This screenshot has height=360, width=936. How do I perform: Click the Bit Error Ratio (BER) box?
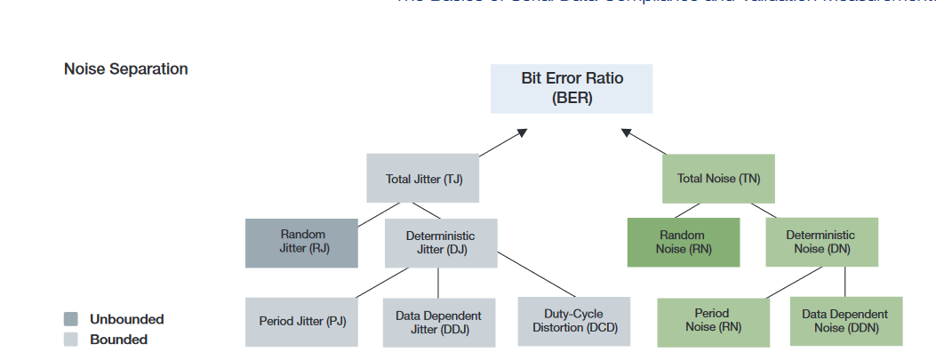pyautogui.click(x=572, y=88)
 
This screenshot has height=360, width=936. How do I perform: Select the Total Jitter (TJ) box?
pyautogui.click(x=423, y=178)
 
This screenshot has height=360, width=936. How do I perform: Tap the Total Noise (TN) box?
pyautogui.click(x=718, y=178)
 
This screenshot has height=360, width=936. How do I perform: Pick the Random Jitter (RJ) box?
pyautogui.click(x=301, y=242)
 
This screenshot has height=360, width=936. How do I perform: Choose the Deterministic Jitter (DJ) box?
pyautogui.click(x=440, y=242)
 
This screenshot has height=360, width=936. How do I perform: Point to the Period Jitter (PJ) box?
pyautogui.click(x=301, y=321)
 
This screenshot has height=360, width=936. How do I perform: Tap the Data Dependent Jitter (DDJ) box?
pyautogui.click(x=439, y=322)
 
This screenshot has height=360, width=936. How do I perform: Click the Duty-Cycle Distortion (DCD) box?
pyautogui.click(x=573, y=321)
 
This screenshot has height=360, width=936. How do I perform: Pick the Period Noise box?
pyautogui.click(x=713, y=321)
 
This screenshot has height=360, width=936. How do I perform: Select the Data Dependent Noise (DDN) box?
pyautogui.click(x=845, y=321)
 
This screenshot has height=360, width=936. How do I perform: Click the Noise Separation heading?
pyautogui.click(x=125, y=69)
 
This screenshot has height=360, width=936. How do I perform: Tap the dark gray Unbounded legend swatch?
pyautogui.click(x=71, y=319)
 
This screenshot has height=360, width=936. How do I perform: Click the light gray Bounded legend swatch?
pyautogui.click(x=71, y=339)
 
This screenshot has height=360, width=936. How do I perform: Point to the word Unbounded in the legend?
pyautogui.click(x=126, y=319)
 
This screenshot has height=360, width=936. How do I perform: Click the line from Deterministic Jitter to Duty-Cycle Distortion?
pyautogui.click(x=537, y=274)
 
